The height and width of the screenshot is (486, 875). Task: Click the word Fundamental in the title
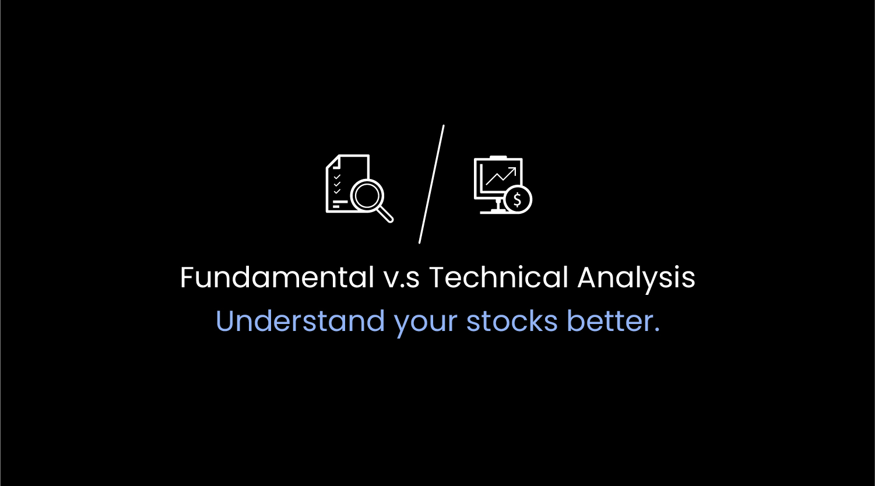click(277, 277)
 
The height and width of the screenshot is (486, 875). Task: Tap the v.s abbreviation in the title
click(402, 280)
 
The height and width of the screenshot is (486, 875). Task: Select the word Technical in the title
click(498, 277)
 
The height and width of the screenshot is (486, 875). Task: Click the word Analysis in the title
click(637, 279)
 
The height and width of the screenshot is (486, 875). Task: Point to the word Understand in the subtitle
click(300, 321)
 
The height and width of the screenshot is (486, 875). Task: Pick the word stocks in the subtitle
click(512, 321)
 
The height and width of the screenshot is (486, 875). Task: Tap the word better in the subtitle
click(609, 321)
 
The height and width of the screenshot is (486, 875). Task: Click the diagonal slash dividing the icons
click(431, 184)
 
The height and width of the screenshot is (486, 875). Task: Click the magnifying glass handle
click(386, 215)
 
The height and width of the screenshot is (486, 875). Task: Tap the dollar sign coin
click(518, 199)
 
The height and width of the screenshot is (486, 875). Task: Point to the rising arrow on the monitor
click(501, 177)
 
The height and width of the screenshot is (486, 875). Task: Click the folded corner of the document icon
click(332, 162)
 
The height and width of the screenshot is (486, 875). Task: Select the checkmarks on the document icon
click(337, 184)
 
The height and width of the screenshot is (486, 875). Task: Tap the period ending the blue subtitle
click(656, 330)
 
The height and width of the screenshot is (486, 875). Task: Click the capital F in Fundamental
click(188, 277)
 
